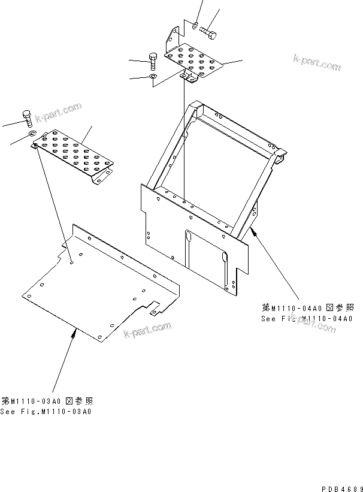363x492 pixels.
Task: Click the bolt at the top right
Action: point(210,30)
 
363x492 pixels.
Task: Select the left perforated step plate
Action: point(75,155)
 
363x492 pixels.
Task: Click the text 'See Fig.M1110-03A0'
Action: point(47,412)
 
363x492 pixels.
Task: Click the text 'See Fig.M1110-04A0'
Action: point(307,319)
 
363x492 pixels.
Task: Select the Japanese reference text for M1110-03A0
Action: point(47,401)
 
